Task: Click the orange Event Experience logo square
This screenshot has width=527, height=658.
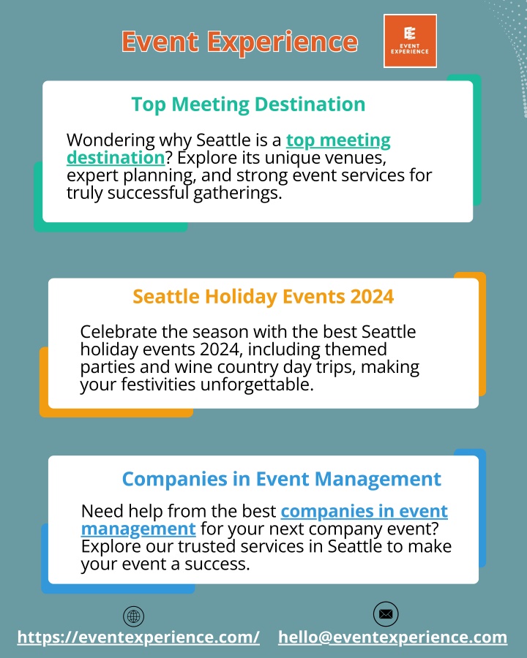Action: pyautogui.click(x=410, y=41)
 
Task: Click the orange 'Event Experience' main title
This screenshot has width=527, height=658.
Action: pyautogui.click(x=239, y=42)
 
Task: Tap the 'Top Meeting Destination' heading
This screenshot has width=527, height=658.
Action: pyautogui.click(x=248, y=105)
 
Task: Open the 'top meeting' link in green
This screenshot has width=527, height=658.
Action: pyautogui.click(x=338, y=140)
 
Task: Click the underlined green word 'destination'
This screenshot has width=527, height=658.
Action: pyautogui.click(x=116, y=158)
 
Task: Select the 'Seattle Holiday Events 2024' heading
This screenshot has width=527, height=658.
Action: pyautogui.click(x=263, y=297)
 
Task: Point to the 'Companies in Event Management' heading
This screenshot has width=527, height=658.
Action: pyautogui.click(x=282, y=479)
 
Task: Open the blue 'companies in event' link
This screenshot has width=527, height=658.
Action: pyautogui.click(x=364, y=511)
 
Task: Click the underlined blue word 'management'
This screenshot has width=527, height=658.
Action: pyautogui.click(x=138, y=529)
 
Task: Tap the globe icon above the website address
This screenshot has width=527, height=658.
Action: pyautogui.click(x=134, y=616)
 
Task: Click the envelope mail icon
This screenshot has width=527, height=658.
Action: pyautogui.click(x=386, y=614)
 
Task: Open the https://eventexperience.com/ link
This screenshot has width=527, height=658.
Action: pyautogui.click(x=138, y=638)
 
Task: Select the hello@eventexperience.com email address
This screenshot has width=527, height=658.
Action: pyautogui.click(x=392, y=638)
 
